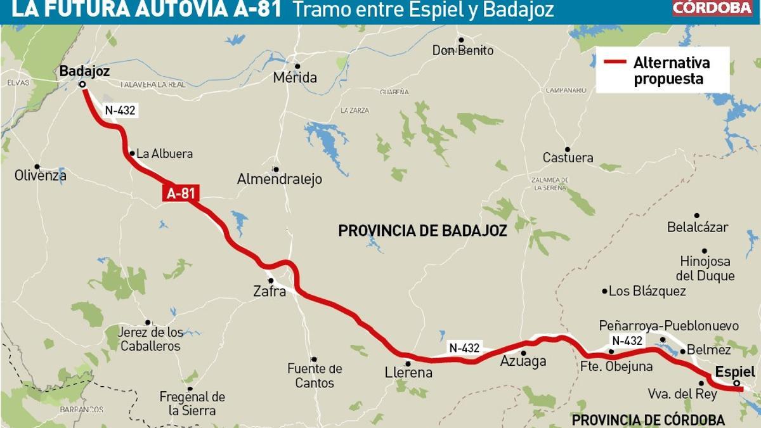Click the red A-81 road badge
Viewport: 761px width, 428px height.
[179, 193]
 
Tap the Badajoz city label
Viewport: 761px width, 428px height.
[84, 72]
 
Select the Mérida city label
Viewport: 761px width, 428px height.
[295, 78]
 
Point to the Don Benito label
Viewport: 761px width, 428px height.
[462, 51]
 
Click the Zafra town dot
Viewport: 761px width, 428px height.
[271, 280]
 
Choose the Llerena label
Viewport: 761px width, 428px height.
[409, 373]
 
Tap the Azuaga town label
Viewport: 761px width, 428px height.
[523, 362]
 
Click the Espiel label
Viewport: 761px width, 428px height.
[735, 372]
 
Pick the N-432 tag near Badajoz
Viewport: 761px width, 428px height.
[120, 110]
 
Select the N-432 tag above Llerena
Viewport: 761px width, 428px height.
[464, 347]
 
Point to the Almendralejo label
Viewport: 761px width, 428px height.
[280, 179]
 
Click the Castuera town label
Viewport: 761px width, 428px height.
[568, 158]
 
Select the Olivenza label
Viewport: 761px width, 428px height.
[41, 176]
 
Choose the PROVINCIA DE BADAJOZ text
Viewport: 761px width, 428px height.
[422, 231]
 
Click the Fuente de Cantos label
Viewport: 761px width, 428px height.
[315, 375]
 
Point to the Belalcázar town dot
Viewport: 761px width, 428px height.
[696, 216]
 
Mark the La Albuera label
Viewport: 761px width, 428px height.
[164, 153]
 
